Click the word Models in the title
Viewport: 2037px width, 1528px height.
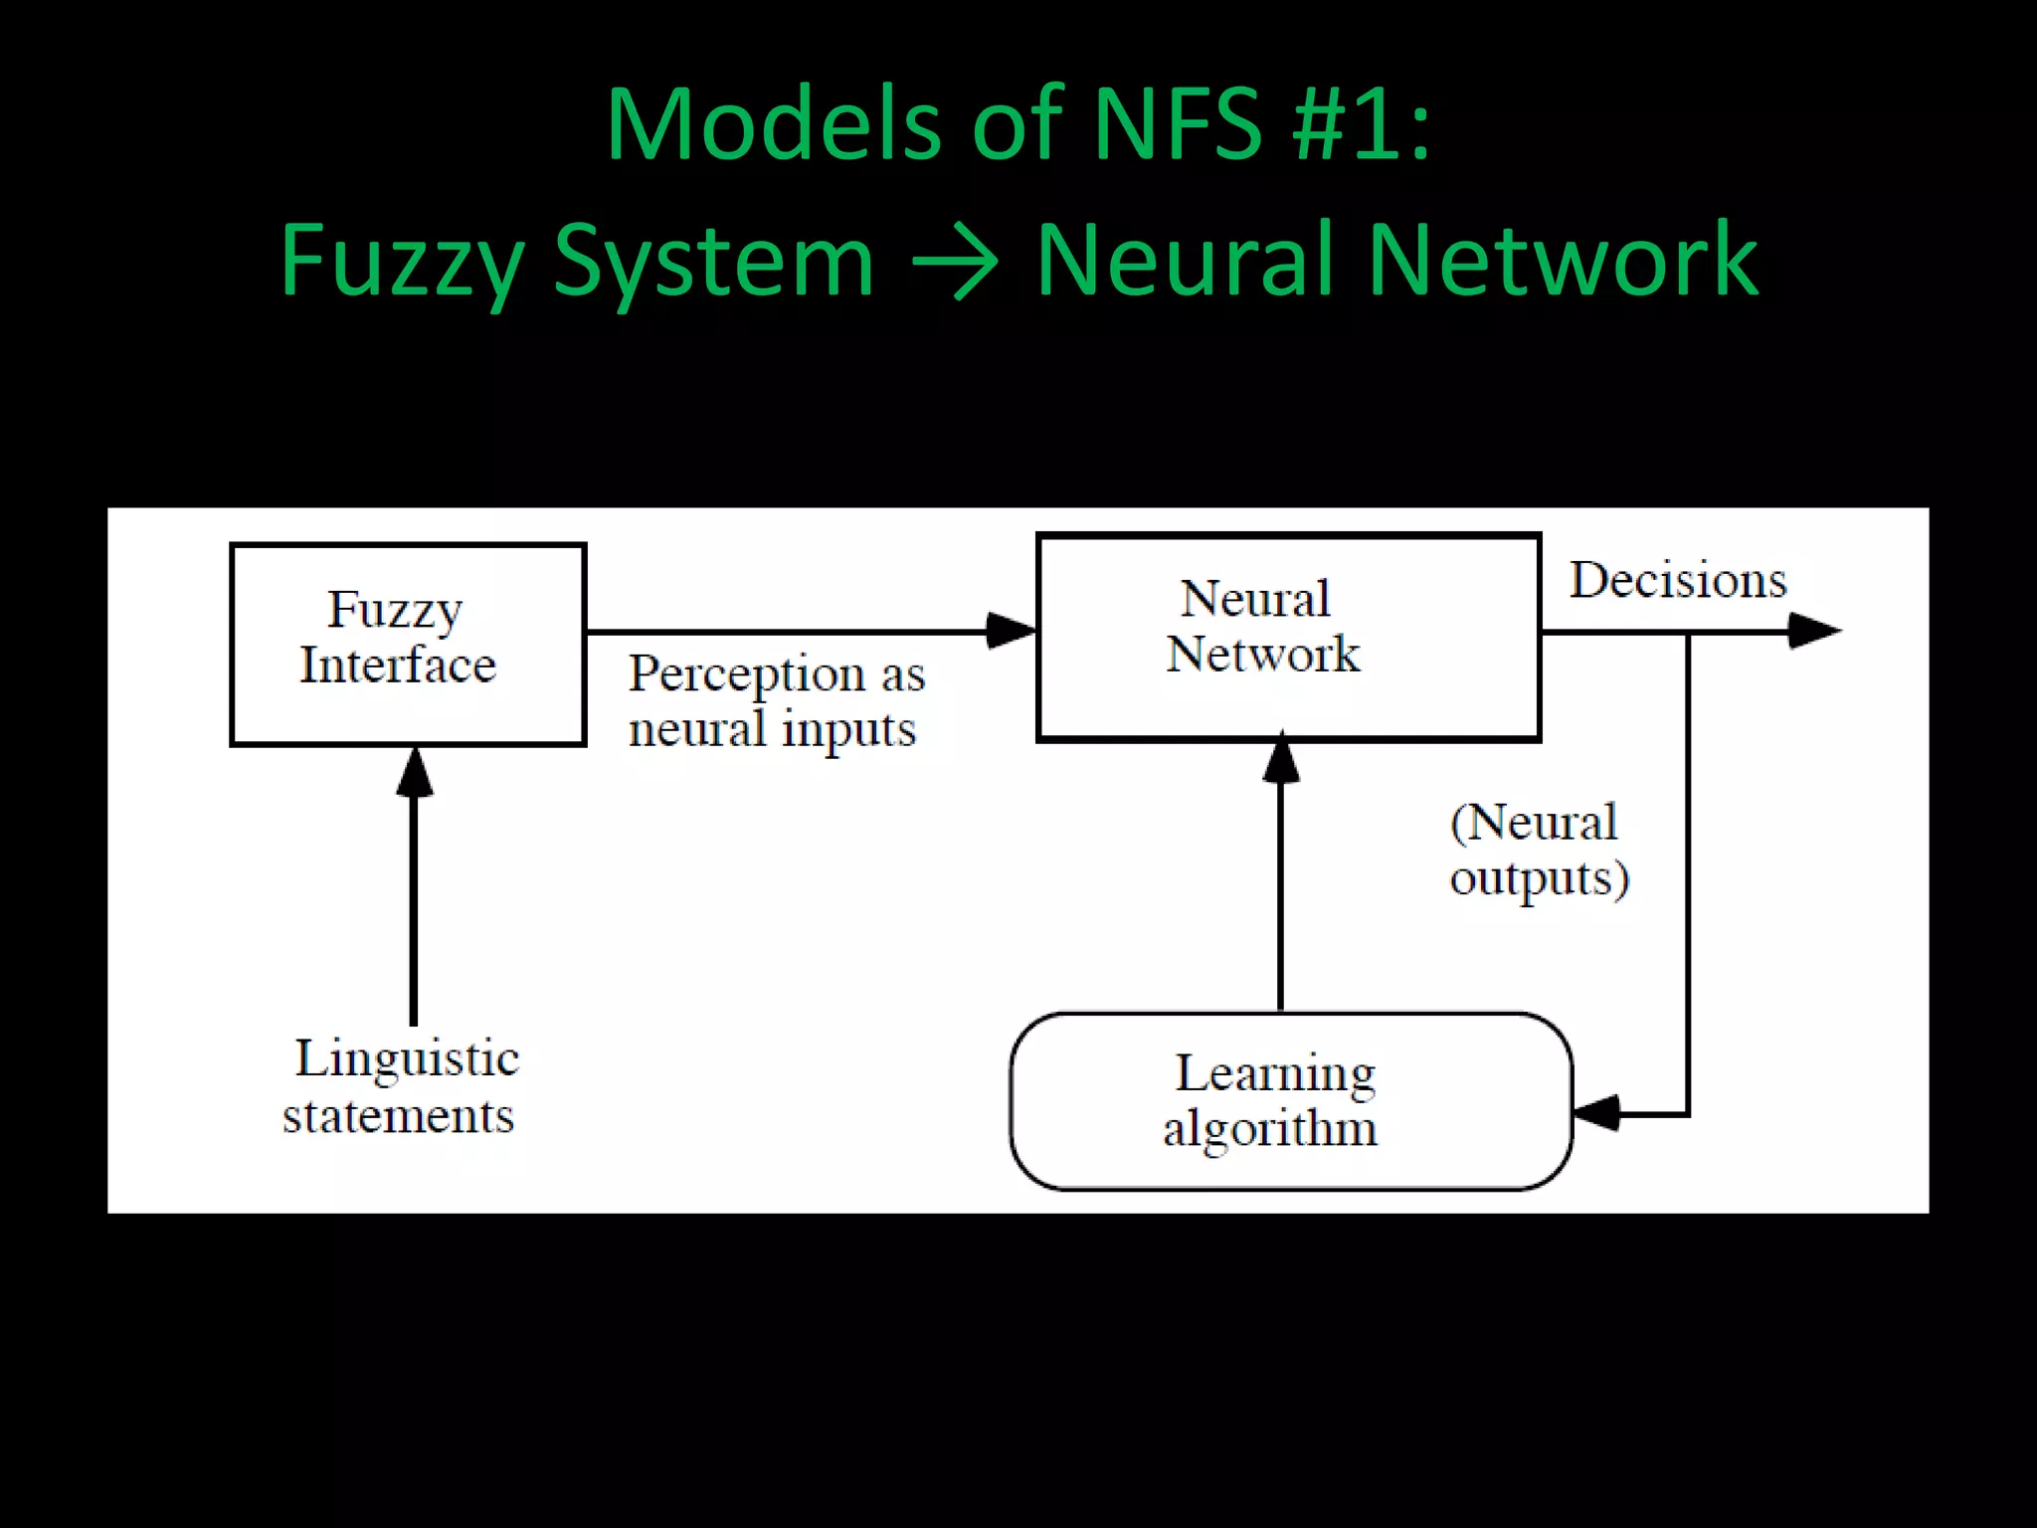pyautogui.click(x=773, y=125)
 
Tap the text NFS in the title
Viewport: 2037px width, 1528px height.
pyautogui.click(x=1178, y=125)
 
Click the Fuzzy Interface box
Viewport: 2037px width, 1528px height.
pyautogui.click(x=408, y=644)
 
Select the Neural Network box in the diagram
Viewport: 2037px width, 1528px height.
pyautogui.click(x=1288, y=638)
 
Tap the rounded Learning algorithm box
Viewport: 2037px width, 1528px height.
pyautogui.click(x=1291, y=1101)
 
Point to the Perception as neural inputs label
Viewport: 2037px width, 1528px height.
pyautogui.click(x=775, y=701)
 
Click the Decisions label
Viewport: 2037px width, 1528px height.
pyautogui.click(x=1678, y=580)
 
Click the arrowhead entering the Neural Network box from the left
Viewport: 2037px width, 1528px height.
pyautogui.click(x=1011, y=631)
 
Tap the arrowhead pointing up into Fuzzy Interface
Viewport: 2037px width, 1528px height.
pyautogui.click(x=414, y=773)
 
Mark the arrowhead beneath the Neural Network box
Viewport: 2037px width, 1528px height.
pyautogui.click(x=1281, y=759)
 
